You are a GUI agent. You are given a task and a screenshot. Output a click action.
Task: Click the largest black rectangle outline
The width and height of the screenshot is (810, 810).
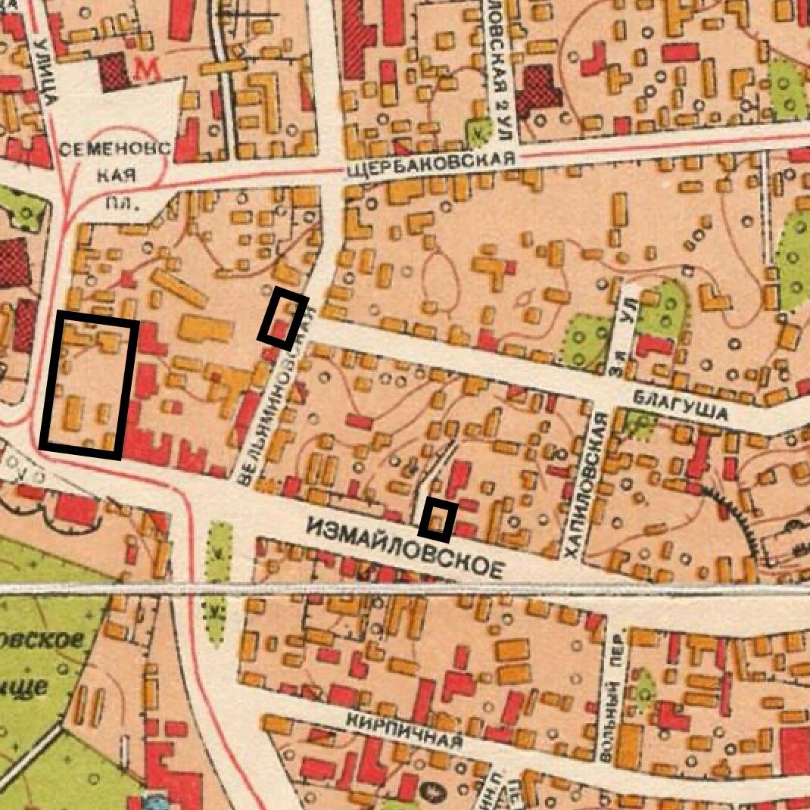[x=89, y=387]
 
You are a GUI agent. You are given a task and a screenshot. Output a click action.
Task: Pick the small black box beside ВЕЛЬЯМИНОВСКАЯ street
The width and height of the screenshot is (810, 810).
[x=282, y=318]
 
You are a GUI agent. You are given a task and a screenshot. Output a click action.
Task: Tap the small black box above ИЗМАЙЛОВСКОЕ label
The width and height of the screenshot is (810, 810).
[x=438, y=519]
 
